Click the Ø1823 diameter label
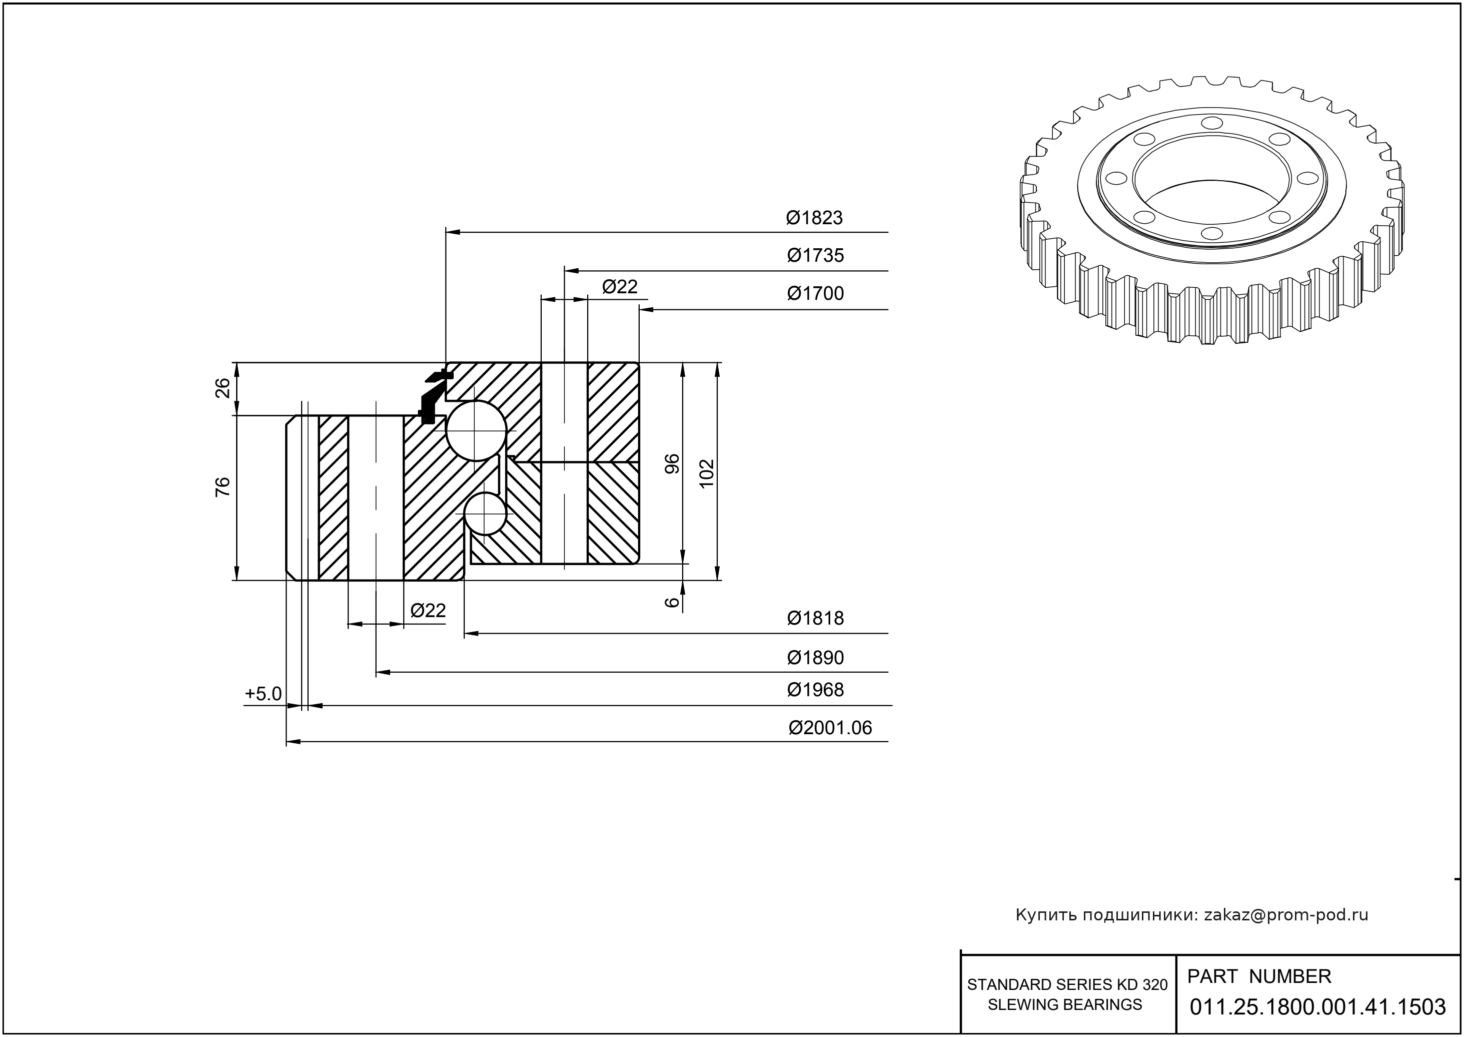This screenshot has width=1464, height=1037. pos(814,218)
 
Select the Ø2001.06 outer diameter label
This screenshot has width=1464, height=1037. pos(830,728)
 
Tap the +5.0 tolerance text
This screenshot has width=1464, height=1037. pos(263,694)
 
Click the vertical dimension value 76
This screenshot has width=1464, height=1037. pos(223,487)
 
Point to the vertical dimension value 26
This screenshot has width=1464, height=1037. pos(223,387)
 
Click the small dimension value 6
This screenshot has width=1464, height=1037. pos(673,602)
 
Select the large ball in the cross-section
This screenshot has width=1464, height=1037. pos(476,431)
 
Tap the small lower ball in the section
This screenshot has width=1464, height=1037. pos(485,513)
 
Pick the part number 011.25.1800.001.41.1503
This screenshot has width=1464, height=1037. pos(1317,1007)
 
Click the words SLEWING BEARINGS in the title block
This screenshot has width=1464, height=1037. pos(1064,1004)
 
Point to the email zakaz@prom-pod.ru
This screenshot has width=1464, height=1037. pos(1285,915)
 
